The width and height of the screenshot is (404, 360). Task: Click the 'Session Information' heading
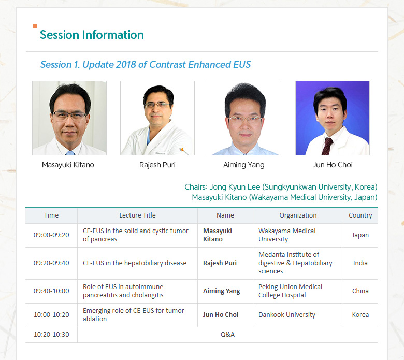pos(92,35)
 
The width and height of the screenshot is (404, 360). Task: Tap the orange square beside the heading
pos(35,26)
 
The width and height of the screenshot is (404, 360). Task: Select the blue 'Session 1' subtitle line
pos(146,64)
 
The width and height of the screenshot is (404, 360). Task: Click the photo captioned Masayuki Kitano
pos(69,118)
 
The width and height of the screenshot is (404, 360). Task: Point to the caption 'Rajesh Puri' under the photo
pos(157,165)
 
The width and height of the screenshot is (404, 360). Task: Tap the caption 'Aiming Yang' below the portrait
pos(244,165)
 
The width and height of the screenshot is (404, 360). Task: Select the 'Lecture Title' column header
pos(137,215)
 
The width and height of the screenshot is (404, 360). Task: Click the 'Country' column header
pos(360,215)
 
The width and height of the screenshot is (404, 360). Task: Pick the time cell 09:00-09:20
pos(51,235)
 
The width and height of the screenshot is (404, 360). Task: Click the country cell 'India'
pos(360,263)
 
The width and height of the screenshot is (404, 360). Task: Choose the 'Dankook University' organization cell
pos(287,314)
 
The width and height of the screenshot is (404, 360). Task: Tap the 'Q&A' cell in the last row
pos(227,335)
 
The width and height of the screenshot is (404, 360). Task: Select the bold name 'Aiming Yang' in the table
pos(221,291)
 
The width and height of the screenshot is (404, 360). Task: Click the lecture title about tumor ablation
pos(134,314)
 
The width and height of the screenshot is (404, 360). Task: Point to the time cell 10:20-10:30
pos(51,335)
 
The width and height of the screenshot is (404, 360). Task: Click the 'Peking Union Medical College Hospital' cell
pos(290,291)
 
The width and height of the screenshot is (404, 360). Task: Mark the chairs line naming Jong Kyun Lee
pos(281,187)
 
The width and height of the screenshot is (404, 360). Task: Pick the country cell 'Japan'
pos(360,235)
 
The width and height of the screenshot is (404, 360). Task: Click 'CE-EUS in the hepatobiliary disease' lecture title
pos(135,263)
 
